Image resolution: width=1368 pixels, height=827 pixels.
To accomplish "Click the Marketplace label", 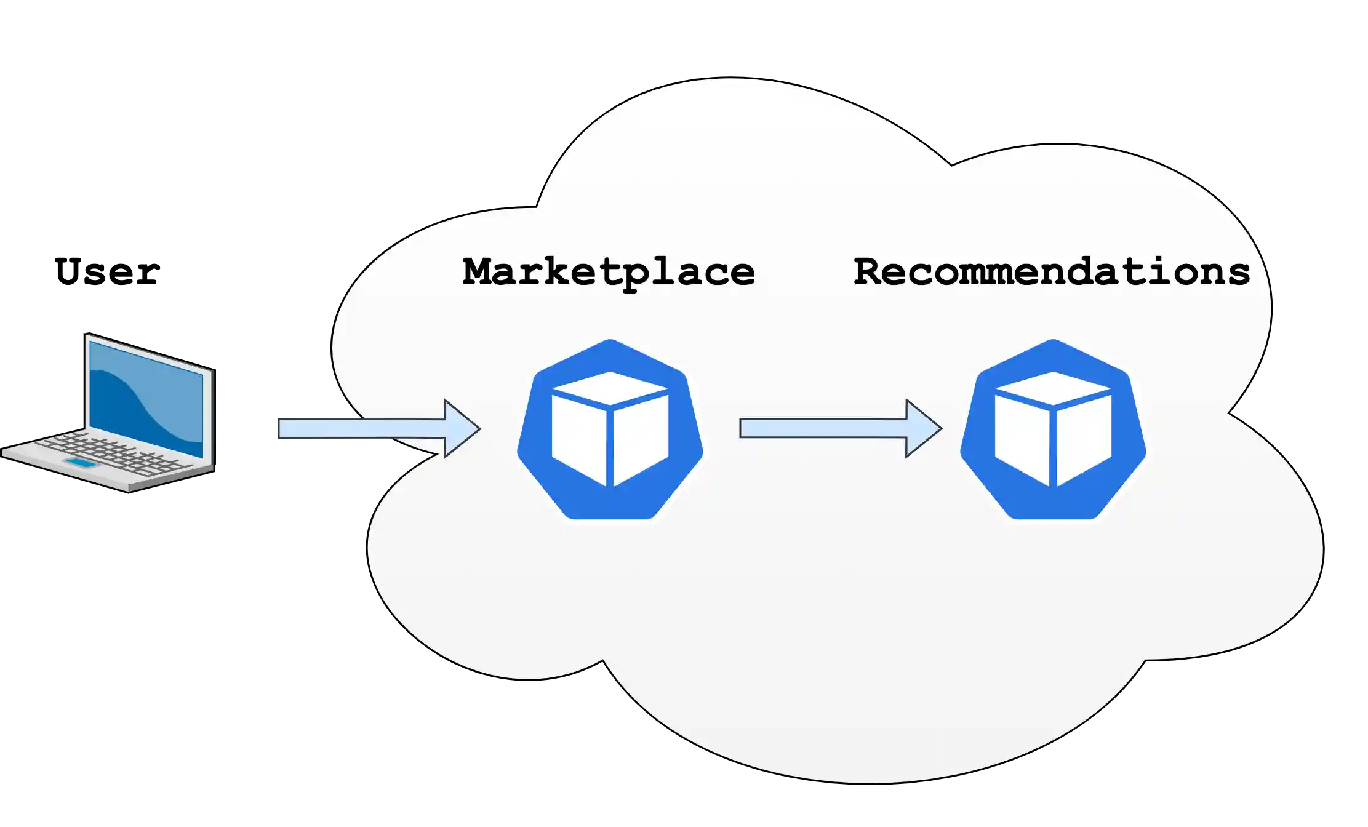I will (x=609, y=273).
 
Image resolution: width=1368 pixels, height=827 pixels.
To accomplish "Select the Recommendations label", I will (x=1052, y=272).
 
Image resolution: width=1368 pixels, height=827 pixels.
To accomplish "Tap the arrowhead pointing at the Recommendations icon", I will (x=922, y=428).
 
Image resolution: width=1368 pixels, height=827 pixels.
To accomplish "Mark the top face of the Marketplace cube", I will (x=610, y=388).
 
